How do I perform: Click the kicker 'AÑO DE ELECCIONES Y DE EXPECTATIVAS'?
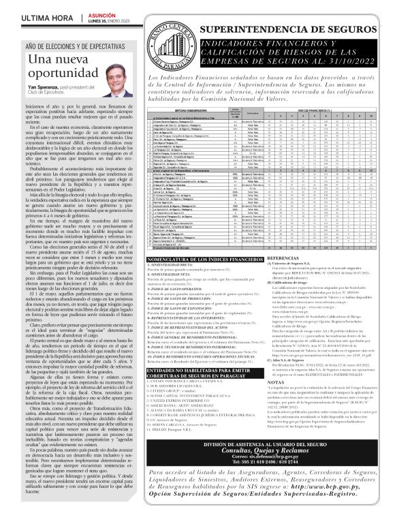tap(72, 44)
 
